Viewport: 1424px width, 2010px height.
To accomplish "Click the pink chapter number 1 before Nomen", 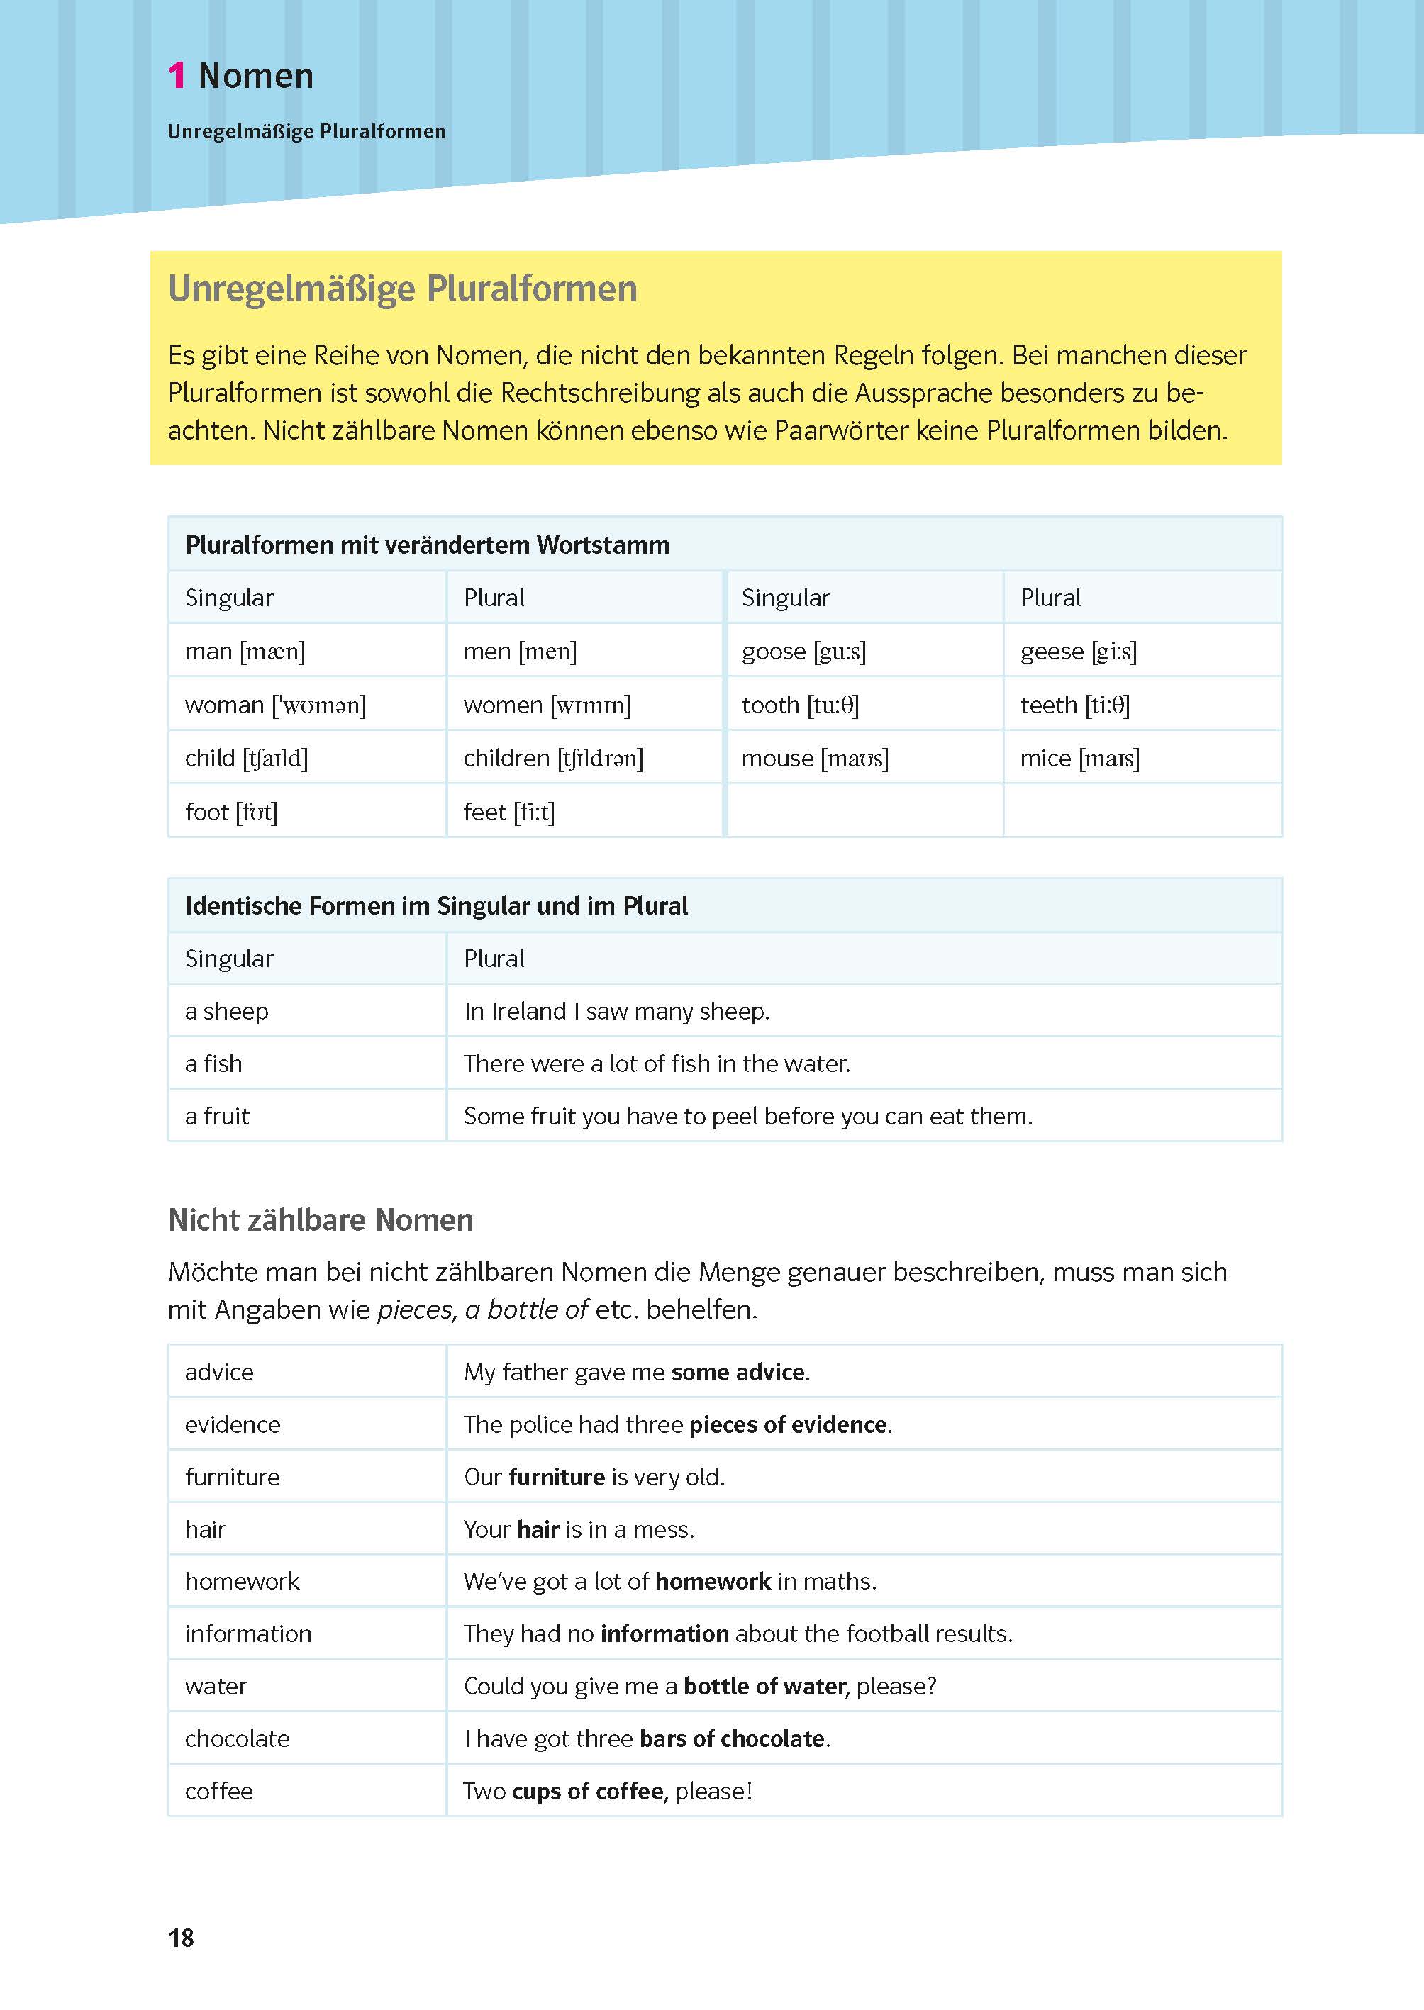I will coord(177,77).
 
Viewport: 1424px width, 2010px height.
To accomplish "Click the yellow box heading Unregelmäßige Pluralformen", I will coord(403,289).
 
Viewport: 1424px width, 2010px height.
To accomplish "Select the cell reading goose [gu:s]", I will coord(803,652).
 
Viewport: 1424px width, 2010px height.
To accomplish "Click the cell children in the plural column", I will coord(552,758).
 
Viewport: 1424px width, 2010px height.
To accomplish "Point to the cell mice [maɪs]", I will coord(1079,758).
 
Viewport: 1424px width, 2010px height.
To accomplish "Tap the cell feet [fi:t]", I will coord(508,812).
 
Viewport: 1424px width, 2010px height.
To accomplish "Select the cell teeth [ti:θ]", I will coord(1074,705).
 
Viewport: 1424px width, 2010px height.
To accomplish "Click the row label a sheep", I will coord(226,1012).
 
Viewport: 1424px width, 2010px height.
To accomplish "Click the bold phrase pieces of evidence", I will coord(789,1424).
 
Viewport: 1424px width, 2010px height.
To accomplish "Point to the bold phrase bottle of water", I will coord(764,1687).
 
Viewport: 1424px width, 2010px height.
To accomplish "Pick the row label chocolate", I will coord(237,1739).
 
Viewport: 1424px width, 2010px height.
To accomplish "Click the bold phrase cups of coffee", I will coord(586,1792).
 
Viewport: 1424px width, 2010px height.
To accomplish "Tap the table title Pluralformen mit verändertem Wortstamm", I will coord(427,545).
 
